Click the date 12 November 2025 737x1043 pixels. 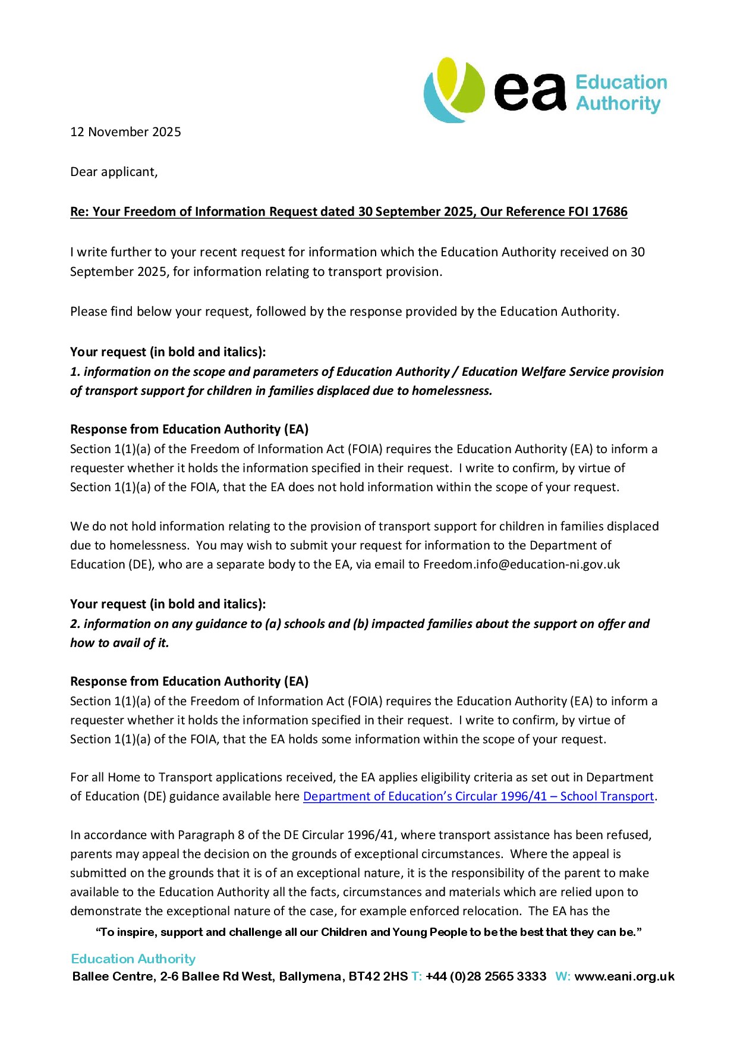pos(125,132)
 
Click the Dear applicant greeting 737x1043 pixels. pos(114,172)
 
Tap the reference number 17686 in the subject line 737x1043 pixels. pos(609,212)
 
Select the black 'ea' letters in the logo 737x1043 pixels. pos(530,92)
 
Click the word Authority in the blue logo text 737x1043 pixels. pos(618,103)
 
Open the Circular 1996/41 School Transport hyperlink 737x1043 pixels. pos(478,796)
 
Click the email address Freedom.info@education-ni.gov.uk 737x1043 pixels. pos(521,564)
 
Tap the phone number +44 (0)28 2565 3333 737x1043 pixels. pos(486,976)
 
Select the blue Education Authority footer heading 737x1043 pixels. pos(133,959)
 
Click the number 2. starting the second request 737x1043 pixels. pos(75,624)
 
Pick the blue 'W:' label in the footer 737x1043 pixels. pos(562,976)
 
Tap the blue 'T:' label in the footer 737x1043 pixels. pos(416,976)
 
